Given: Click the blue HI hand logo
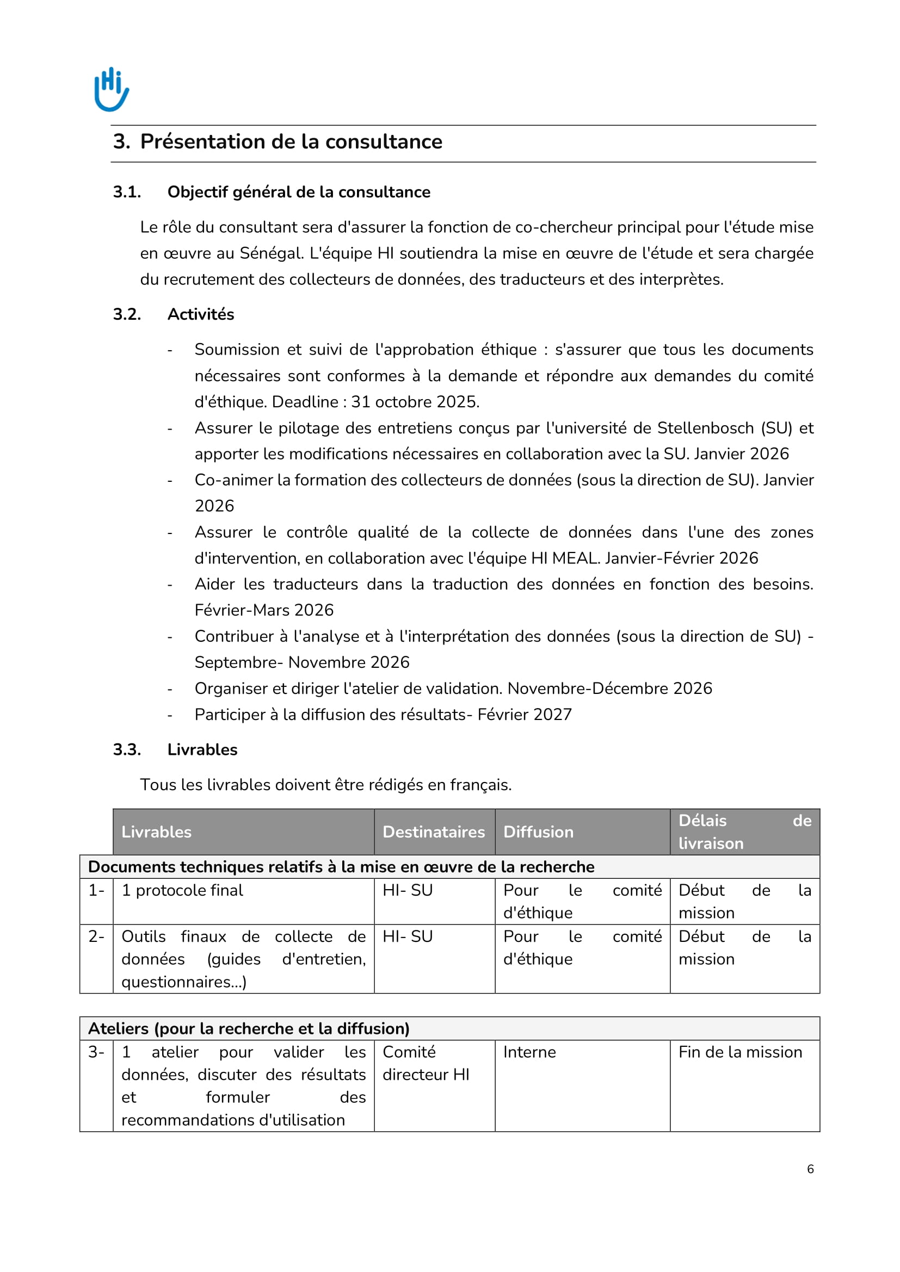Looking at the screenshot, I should (x=112, y=89).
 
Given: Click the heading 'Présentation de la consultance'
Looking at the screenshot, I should (x=291, y=142).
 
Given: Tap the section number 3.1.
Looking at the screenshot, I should (x=127, y=192).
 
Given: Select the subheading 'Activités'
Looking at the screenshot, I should (x=201, y=315).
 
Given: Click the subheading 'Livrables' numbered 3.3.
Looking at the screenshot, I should (x=202, y=749).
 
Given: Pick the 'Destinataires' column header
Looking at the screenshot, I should (x=433, y=832).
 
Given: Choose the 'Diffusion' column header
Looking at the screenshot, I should (x=538, y=832).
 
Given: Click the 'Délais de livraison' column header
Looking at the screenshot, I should (x=744, y=832).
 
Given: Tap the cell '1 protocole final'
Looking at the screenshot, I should (x=182, y=890).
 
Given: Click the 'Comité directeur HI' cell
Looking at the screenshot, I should (x=426, y=1063).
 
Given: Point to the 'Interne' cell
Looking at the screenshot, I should (x=529, y=1052).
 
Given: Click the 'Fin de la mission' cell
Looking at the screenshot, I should (x=740, y=1052).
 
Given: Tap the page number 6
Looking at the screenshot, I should (x=810, y=1169).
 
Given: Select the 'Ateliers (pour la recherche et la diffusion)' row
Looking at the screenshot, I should (x=249, y=1029).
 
